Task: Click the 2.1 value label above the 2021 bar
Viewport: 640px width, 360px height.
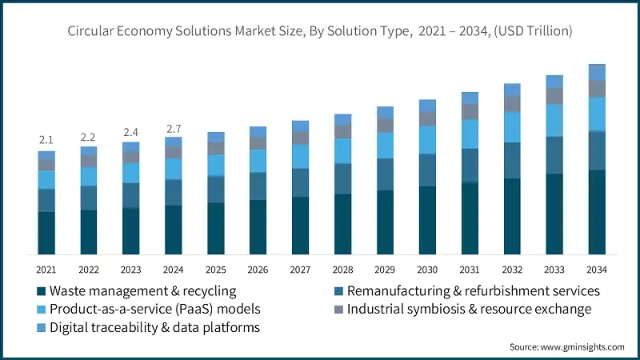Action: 46,141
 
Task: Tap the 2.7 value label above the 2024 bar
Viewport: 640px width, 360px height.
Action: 174,128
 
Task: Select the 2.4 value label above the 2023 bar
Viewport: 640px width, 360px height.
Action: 131,133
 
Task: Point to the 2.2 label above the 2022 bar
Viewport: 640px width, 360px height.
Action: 89,138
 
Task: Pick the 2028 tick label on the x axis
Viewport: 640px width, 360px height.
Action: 343,270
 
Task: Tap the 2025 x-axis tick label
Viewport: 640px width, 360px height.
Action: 216,270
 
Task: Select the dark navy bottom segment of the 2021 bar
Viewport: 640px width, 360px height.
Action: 46,233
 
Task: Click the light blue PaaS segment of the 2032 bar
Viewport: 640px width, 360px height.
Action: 512,126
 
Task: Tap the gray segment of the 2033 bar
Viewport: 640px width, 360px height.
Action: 554,96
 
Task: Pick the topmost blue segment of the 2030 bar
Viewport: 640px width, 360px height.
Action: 427,106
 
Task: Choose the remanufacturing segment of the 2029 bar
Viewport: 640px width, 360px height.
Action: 385,174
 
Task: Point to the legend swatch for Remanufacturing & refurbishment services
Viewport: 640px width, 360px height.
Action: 339,290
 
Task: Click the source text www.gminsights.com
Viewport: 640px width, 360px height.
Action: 582,346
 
